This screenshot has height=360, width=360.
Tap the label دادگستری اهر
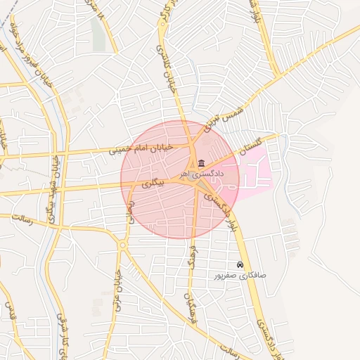(x=200, y=173)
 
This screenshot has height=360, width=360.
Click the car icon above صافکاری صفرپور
(x=240, y=265)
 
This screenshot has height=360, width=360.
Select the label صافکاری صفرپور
(x=240, y=276)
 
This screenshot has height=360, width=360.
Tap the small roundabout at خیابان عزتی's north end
(x=122, y=245)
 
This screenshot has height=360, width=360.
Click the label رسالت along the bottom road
(x=232, y=349)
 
